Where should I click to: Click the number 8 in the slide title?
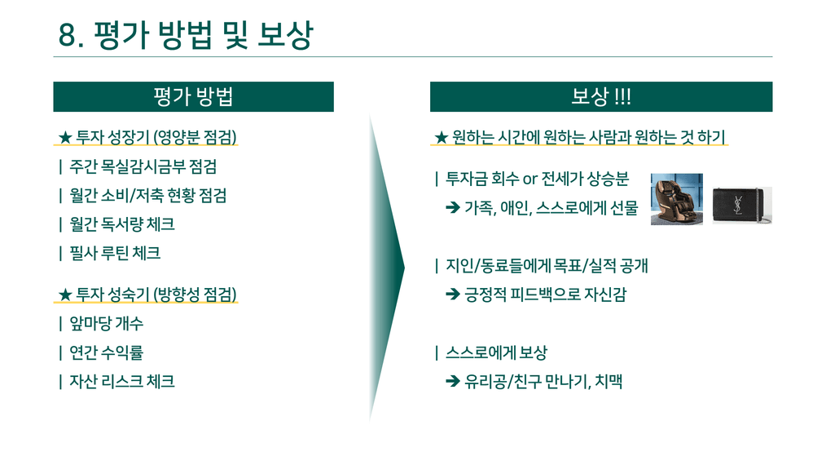[x=68, y=35]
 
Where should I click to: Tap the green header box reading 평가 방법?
[x=193, y=96]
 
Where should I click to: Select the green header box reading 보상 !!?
[x=601, y=96]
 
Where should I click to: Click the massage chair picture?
[x=676, y=199]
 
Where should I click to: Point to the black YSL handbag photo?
[x=742, y=206]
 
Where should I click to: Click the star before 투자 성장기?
[x=65, y=138]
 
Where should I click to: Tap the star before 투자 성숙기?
[x=65, y=294]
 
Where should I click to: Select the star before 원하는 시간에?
[x=441, y=138]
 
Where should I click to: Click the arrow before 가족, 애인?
[x=453, y=207]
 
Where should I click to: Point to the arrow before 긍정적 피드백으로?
[x=453, y=294]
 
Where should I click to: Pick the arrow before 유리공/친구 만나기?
[x=453, y=381]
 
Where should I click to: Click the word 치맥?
[x=609, y=381]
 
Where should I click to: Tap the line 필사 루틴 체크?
[x=115, y=254]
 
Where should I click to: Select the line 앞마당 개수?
[x=107, y=323]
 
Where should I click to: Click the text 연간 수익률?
[x=107, y=352]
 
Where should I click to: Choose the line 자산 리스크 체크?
[x=121, y=381]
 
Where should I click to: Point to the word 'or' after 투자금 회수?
[x=529, y=179]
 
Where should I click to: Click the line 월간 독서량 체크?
[x=121, y=224]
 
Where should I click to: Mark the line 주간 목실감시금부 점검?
[x=143, y=166]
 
